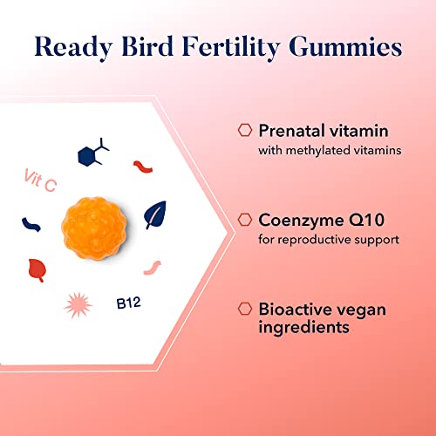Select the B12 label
tap(129, 303)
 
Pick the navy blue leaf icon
tap(155, 214)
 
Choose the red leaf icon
tap(37, 270)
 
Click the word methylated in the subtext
tap(315, 151)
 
